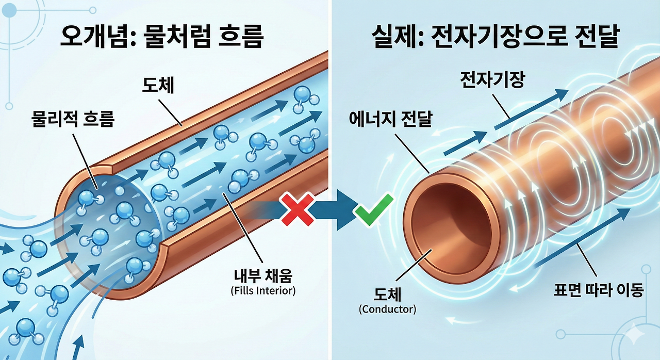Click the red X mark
[297, 209]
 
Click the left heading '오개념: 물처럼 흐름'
[162, 37]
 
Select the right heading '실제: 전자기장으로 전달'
[494, 37]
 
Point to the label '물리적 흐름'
[72, 119]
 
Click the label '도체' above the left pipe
[158, 86]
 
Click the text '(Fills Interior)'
[263, 290]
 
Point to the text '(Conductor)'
[387, 309]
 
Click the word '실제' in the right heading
[390, 37]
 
